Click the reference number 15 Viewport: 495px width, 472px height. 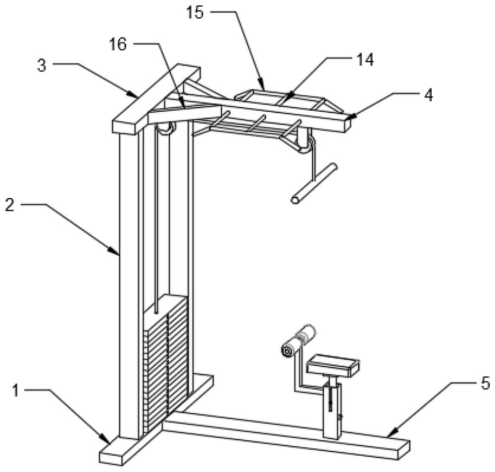click(196, 12)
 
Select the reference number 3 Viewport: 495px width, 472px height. click(43, 66)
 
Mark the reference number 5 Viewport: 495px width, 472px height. click(485, 382)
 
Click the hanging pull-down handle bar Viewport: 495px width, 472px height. click(314, 183)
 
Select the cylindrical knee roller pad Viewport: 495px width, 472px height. click(297, 341)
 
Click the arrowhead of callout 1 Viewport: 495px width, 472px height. click(108, 441)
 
